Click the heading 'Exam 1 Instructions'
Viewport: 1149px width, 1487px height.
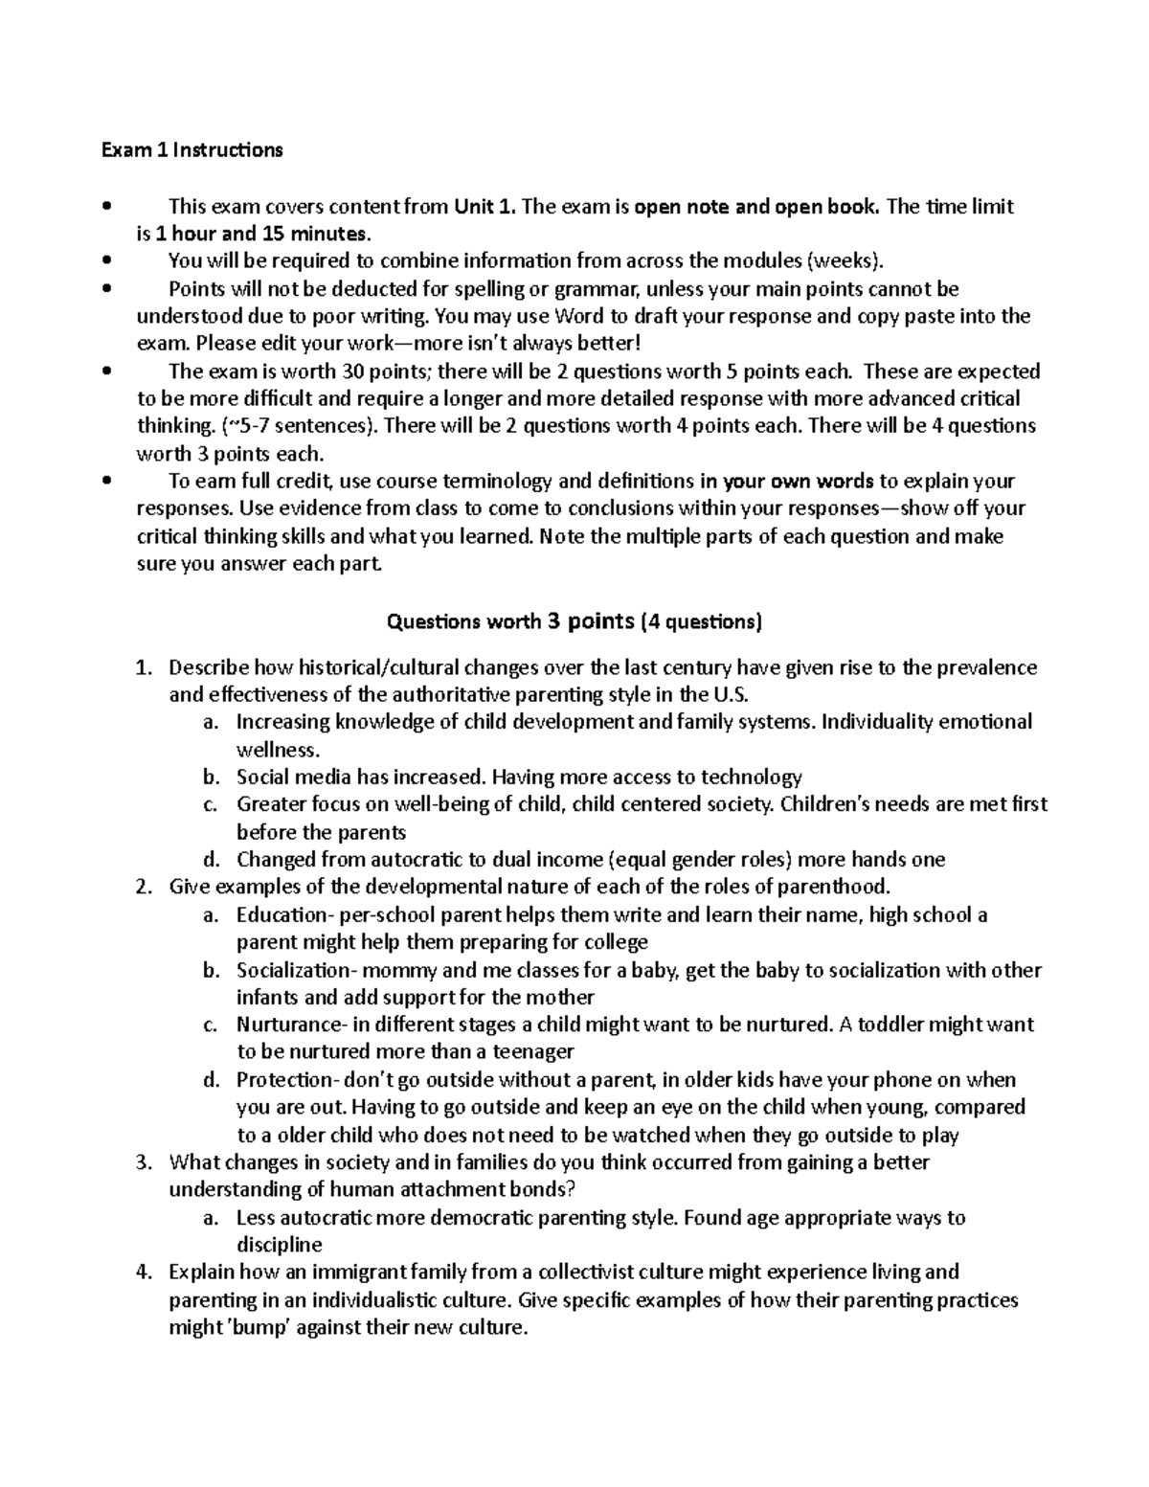click(x=193, y=150)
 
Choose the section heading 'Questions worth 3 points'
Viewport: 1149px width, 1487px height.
click(x=510, y=622)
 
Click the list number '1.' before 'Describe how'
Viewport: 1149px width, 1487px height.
click(x=144, y=667)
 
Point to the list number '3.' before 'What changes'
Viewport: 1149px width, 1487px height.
click(x=144, y=1163)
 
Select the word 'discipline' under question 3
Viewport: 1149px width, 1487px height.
click(x=280, y=1246)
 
